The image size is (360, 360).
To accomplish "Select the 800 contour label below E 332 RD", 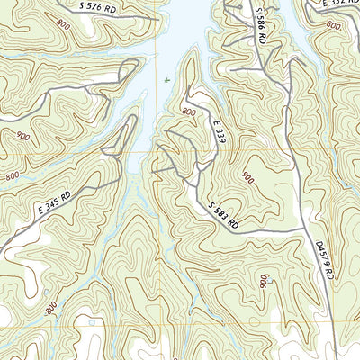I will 333,28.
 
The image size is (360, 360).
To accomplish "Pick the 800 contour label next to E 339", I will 188,111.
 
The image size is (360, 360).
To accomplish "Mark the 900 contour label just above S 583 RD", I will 247,179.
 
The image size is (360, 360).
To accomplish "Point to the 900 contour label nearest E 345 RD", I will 22,138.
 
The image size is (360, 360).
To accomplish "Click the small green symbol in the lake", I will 167,81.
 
